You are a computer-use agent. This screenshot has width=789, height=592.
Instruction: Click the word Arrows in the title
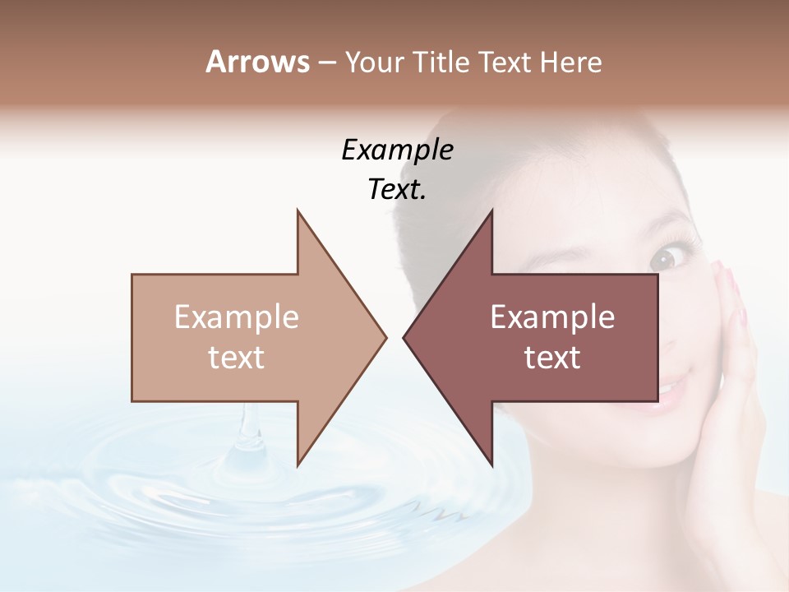(x=257, y=62)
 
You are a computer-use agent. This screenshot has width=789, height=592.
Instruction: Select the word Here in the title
(x=571, y=62)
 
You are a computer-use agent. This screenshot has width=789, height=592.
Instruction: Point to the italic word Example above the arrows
(x=397, y=150)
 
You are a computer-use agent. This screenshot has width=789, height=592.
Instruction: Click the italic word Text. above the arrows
(x=397, y=190)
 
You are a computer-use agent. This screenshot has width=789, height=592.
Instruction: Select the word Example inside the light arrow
(x=237, y=317)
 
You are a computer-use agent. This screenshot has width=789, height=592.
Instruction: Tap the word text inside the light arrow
(x=237, y=357)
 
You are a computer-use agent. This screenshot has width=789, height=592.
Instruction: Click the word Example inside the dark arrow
(x=552, y=317)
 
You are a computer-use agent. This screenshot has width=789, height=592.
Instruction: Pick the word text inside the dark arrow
(x=552, y=357)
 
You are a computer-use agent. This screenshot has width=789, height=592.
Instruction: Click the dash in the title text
(x=326, y=62)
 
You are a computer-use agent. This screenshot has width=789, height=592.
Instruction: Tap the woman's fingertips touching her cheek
(x=721, y=275)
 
